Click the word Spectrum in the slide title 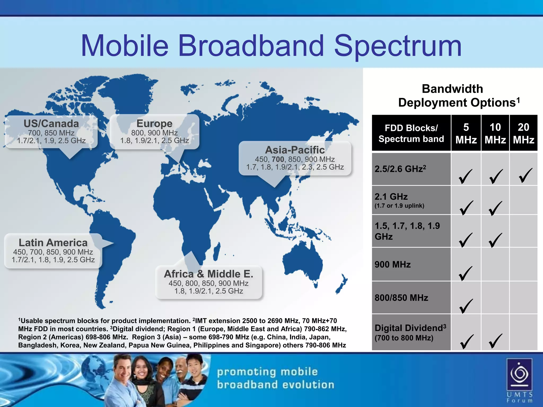click(398, 46)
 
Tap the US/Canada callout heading click(51, 123)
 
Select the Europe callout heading click(154, 123)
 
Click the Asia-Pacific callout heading click(295, 150)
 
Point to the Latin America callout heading click(53, 243)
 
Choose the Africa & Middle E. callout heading click(209, 274)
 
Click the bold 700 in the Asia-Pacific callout click(278, 159)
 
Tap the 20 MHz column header click(523, 133)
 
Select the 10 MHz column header click(495, 133)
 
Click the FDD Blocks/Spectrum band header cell click(411, 133)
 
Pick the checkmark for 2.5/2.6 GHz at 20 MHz click(525, 175)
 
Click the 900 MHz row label click(392, 264)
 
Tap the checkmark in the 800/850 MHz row click(466, 306)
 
